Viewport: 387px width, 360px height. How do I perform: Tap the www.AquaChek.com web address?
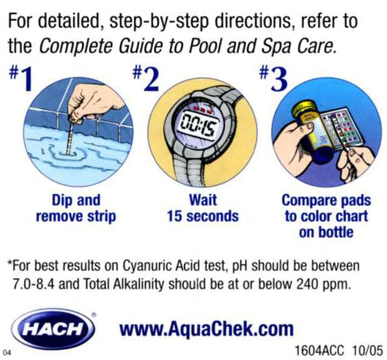pyautogui.click(x=206, y=328)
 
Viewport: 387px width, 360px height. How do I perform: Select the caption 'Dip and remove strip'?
pyautogui.click(x=76, y=209)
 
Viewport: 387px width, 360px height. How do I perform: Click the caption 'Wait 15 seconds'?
pyautogui.click(x=203, y=209)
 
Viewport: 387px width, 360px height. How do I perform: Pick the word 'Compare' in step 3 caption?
pyautogui.click(x=304, y=201)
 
